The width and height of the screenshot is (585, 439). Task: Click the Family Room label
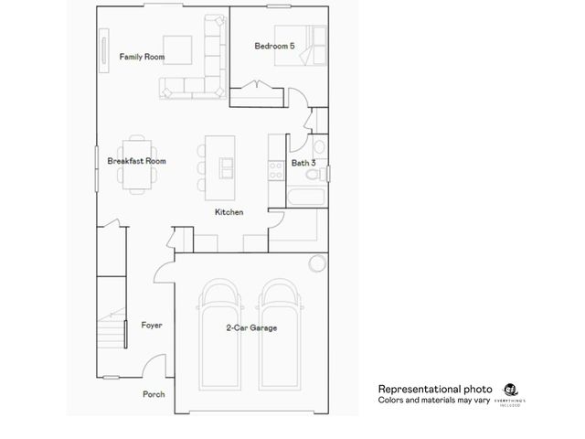pos(142,57)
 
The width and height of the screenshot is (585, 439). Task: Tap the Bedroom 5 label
pos(274,45)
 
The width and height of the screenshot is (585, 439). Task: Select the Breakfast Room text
pos(136,161)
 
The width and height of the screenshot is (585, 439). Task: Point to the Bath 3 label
pos(303,163)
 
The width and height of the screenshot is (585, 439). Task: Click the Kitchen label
pos(229,212)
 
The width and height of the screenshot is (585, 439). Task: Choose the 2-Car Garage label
pos(251,327)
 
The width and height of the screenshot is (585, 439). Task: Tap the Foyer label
pos(152,325)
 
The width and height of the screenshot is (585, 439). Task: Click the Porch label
pos(154,394)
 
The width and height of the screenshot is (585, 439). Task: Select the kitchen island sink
pos(225,165)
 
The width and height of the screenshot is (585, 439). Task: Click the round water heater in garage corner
pos(316,263)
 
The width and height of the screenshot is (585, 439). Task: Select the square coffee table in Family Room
pos(177,50)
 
